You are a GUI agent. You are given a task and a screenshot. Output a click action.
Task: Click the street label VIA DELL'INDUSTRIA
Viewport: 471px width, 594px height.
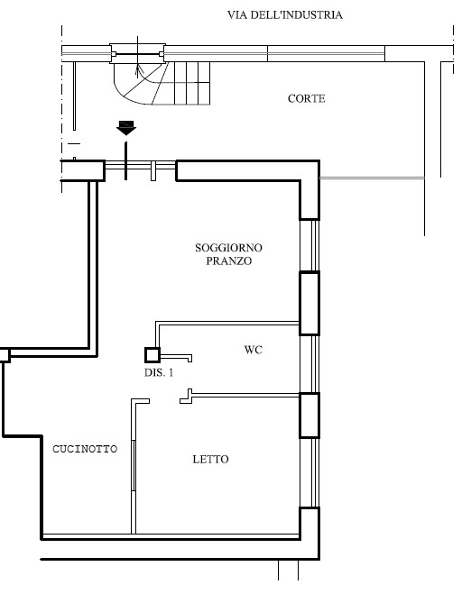(285, 15)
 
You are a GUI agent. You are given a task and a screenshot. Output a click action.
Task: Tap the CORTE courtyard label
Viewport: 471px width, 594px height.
(307, 98)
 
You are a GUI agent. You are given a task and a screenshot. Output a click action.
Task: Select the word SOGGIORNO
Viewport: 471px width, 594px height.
(228, 248)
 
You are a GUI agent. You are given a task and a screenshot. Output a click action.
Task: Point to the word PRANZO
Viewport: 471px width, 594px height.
(228, 261)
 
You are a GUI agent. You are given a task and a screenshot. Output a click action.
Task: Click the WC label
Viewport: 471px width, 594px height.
(254, 350)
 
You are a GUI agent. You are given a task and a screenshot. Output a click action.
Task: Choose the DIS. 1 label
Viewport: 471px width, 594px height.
(159, 373)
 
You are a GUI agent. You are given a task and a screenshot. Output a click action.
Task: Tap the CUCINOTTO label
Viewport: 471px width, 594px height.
(85, 449)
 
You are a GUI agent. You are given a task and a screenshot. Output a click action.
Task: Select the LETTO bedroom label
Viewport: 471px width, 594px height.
(210, 460)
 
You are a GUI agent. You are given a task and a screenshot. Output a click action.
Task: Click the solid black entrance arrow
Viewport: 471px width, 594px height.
(126, 128)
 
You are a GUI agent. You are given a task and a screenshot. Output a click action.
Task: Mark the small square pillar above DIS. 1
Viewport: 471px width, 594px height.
(152, 355)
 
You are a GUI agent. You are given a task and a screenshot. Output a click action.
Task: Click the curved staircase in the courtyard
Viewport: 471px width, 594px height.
(162, 83)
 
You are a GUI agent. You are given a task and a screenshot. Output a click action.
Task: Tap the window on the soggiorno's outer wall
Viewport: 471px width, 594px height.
(309, 245)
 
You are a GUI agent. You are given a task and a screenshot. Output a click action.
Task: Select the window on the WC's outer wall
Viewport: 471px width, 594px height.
(309, 364)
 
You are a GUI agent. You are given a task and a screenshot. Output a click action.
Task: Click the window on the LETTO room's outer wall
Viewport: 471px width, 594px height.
(309, 473)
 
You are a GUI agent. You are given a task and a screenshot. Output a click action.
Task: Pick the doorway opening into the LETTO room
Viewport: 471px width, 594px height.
(164, 401)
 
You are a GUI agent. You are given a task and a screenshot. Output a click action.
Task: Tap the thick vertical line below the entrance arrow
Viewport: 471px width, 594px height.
(126, 161)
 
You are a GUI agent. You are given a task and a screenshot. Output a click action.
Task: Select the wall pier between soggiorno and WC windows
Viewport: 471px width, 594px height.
(309, 303)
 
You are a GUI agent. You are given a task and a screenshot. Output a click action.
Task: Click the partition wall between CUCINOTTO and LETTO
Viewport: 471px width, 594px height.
(134, 467)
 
